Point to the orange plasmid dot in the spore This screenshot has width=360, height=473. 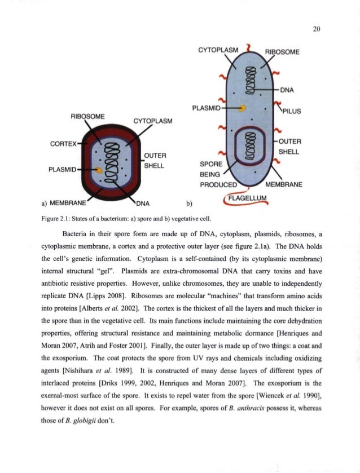coord(99,169)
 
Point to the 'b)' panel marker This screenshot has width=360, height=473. coord(189,203)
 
